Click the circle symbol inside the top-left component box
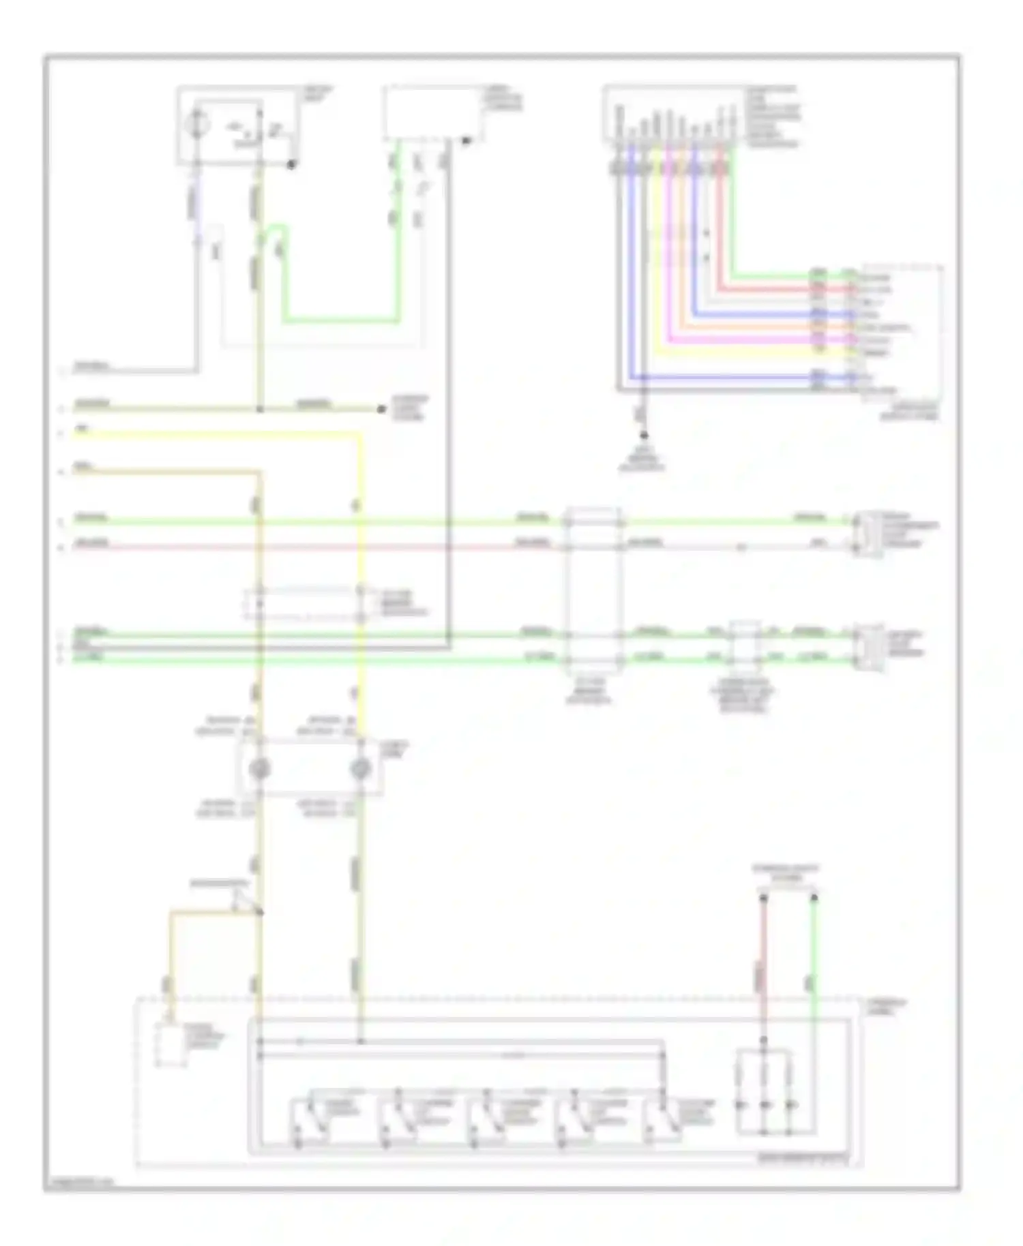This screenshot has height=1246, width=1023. tap(198, 125)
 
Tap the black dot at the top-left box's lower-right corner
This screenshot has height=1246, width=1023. tap(291, 164)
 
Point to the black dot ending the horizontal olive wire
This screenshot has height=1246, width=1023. tap(381, 409)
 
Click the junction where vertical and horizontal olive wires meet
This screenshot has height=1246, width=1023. tap(260, 410)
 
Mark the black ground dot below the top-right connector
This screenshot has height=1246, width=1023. tap(643, 435)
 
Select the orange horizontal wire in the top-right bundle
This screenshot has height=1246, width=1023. tap(750, 326)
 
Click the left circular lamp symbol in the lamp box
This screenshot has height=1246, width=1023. tap(260, 769)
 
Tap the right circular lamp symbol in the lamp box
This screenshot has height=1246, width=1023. tap(360, 769)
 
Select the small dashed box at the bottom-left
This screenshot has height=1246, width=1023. tap(170, 1044)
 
